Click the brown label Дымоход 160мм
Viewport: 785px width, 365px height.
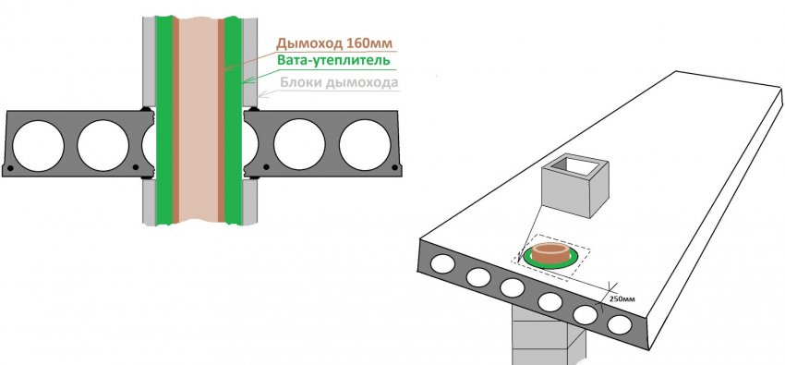tap(335, 43)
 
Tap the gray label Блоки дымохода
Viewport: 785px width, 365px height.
tap(339, 82)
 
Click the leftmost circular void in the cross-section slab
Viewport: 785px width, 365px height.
tap(38, 146)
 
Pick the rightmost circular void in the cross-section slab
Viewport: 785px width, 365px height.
tap(365, 145)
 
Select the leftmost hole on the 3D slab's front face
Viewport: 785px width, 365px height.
tap(442, 264)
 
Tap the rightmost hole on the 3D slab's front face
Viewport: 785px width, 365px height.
tap(620, 325)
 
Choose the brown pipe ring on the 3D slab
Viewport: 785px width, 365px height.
tap(549, 252)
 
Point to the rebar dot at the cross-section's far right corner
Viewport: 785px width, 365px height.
tap(395, 166)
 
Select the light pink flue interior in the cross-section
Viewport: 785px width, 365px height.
tap(199, 120)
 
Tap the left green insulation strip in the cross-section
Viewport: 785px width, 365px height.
tap(164, 120)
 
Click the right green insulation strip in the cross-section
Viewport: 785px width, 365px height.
tap(233, 120)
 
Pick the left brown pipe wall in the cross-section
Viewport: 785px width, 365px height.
tap(175, 120)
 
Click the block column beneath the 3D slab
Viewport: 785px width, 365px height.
tap(549, 336)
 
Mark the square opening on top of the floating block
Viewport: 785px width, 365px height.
tap(575, 165)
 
